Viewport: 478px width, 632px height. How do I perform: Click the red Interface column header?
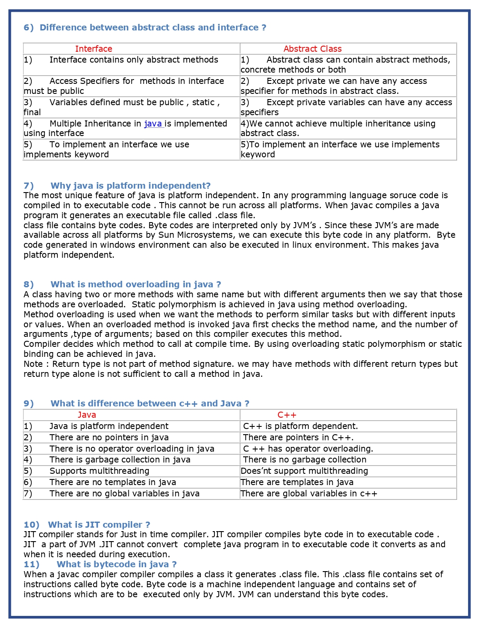[x=94, y=49]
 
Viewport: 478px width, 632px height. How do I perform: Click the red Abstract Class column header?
[x=312, y=49]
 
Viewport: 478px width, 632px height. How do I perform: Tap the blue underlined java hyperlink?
[x=153, y=123]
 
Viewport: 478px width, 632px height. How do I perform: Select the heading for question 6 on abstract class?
[x=145, y=27]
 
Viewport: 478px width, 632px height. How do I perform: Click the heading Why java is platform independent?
[x=130, y=186]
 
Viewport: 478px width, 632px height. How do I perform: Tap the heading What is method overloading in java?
[x=135, y=284]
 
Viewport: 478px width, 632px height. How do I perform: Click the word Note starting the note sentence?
[x=33, y=364]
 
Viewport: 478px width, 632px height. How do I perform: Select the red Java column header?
[x=87, y=415]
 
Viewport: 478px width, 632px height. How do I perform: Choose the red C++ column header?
[x=287, y=415]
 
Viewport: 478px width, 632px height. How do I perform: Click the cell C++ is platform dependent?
[x=300, y=426]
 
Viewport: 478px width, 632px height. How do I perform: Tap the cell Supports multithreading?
[x=99, y=471]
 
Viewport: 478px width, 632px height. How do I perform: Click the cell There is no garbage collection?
[x=304, y=459]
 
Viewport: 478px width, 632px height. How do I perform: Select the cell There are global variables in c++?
[x=309, y=493]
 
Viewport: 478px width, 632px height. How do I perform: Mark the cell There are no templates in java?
[x=113, y=482]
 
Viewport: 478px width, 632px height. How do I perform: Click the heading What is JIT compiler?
[x=99, y=525]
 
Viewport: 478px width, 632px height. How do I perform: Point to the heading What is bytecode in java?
[x=116, y=564]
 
